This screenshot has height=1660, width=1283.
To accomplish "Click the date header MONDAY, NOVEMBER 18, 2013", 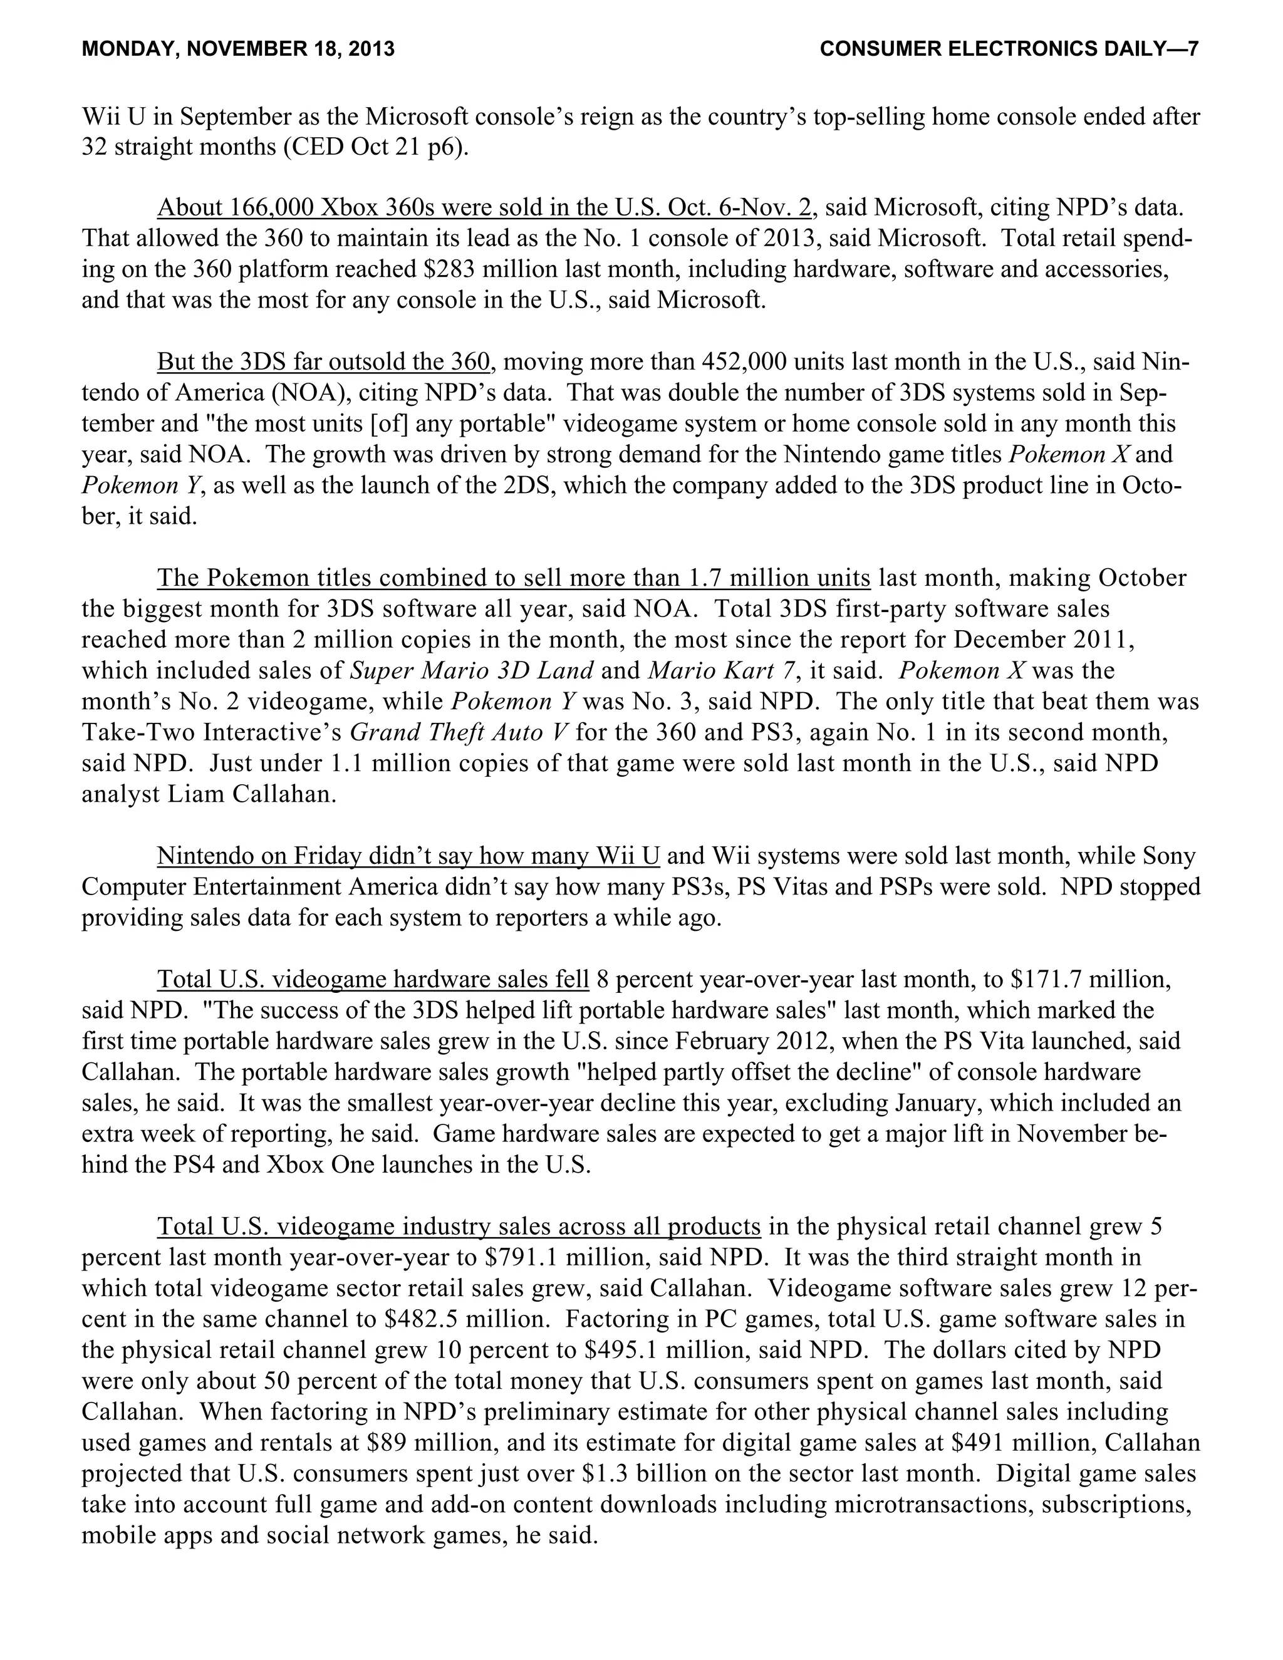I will [238, 49].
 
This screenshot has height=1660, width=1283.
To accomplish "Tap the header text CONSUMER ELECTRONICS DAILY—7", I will [1009, 49].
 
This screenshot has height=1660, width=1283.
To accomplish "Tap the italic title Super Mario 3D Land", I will [471, 670].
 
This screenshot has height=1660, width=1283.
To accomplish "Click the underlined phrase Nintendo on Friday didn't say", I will [314, 856].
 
